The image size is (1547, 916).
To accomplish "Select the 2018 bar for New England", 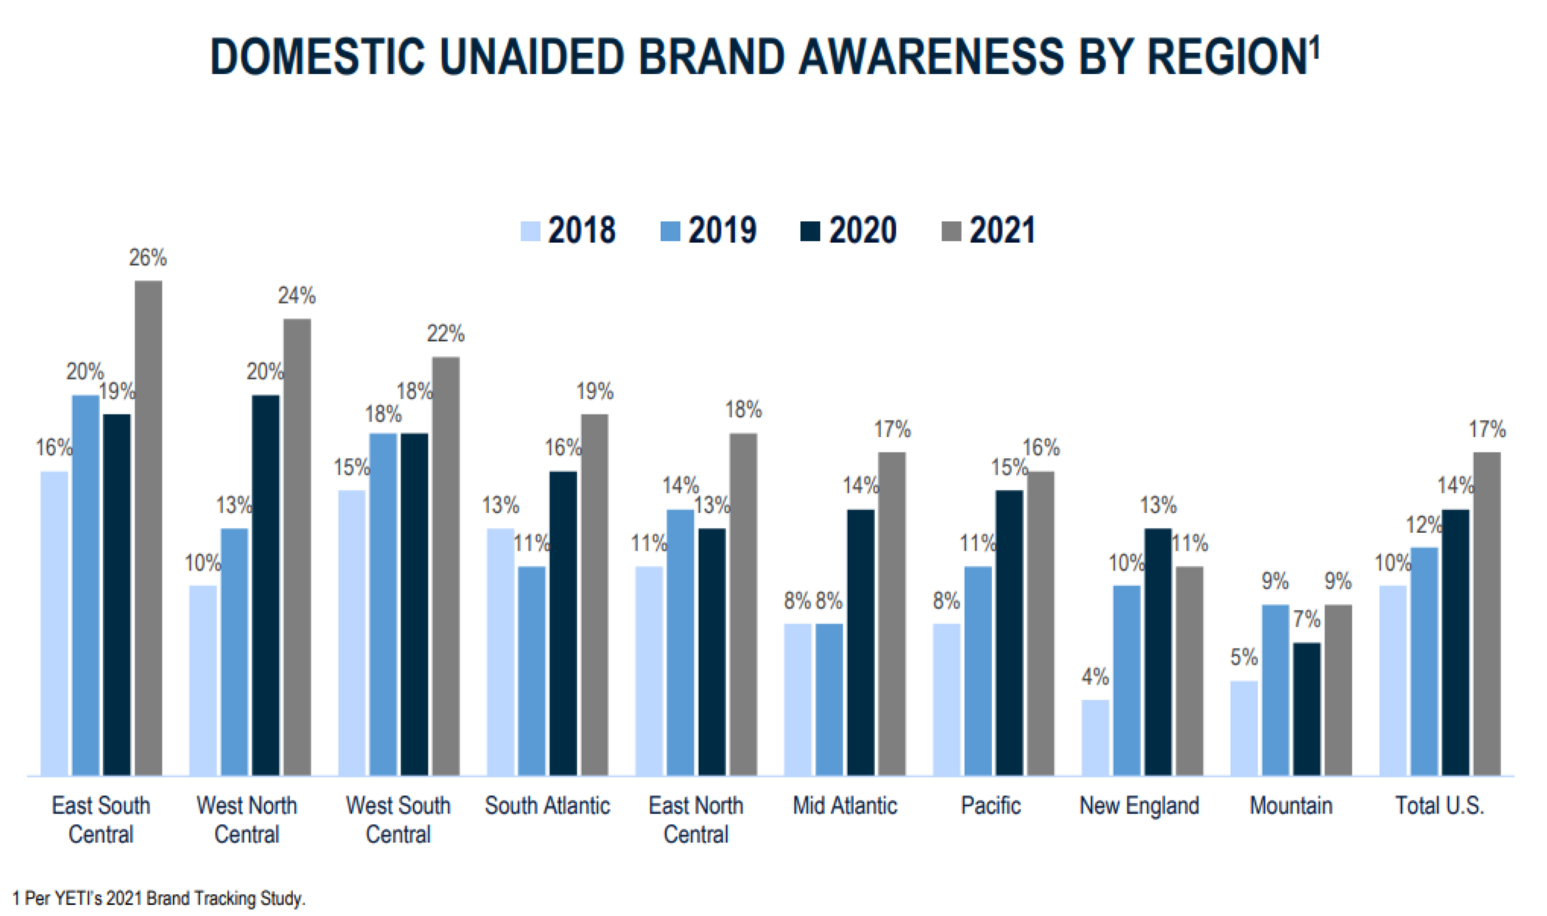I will tap(1095, 737).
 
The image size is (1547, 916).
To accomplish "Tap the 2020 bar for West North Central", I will tap(265, 585).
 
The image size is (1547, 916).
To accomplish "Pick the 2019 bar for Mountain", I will tap(1275, 689).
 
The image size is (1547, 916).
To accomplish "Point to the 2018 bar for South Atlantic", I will tap(500, 651).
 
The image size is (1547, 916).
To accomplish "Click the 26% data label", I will tap(147, 258).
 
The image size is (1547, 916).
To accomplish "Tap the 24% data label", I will tap(296, 296).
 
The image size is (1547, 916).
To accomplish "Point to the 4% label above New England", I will tap(1095, 676).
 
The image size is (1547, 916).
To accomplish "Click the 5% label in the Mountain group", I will tap(1243, 657).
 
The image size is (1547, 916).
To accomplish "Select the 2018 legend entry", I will tap(568, 230).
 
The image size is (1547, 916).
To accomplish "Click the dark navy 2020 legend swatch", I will tap(810, 231).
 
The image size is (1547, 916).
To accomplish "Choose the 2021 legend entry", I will tap(989, 230).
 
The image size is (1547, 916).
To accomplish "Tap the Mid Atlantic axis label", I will tap(844, 806).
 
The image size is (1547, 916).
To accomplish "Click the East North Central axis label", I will tap(695, 820).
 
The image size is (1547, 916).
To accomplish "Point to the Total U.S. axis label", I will tap(1439, 806).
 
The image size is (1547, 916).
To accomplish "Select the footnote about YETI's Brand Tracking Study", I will tap(158, 898).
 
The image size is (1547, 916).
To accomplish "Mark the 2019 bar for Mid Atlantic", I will tap(829, 699).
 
